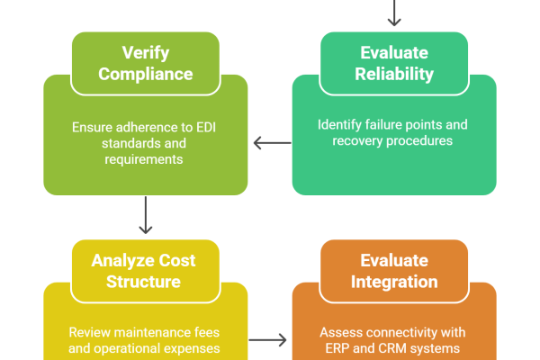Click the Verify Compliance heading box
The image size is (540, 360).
pos(146,62)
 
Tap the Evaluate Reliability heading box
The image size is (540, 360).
pos(393,62)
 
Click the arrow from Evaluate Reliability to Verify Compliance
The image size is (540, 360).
pos(271,142)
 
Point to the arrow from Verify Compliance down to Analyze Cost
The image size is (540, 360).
pos(146,217)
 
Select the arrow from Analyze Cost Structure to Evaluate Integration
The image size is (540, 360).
pos(269,340)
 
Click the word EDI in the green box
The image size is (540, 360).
pos(209,126)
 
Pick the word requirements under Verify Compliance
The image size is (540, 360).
pos(146,159)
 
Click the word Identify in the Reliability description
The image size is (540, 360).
pos(338,124)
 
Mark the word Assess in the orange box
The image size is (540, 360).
pos(338,332)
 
